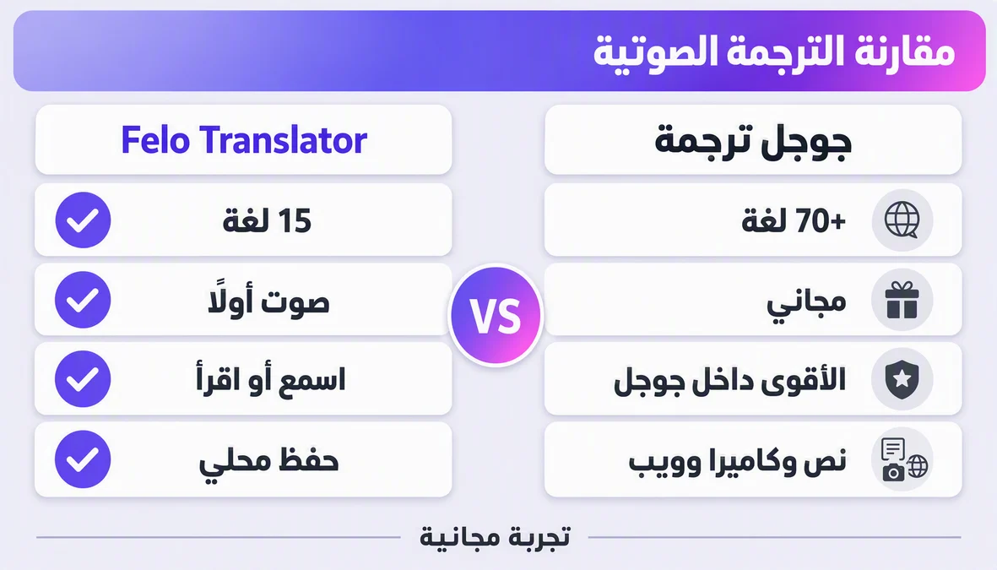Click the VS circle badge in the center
[496, 315]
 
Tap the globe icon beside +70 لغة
[902, 220]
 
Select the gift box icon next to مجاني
[902, 300]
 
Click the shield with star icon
[902, 379]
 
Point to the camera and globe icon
[904, 459]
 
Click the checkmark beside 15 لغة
[83, 220]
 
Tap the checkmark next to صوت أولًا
[83, 300]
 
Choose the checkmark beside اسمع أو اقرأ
[83, 379]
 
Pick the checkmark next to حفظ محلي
[83, 459]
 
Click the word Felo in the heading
[155, 140]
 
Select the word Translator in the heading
[283, 140]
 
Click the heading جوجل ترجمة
[753, 140]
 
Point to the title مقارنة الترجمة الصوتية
[774, 51]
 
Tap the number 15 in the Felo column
[295, 220]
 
